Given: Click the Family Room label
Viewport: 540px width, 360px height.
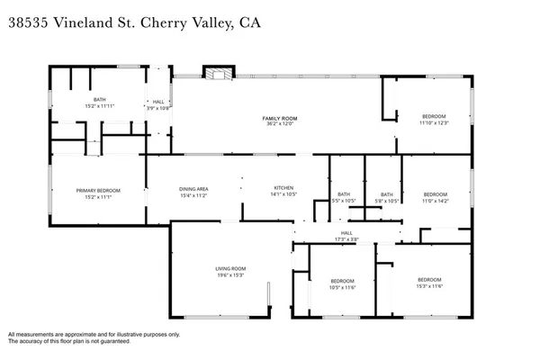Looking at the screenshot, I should pos(280,119).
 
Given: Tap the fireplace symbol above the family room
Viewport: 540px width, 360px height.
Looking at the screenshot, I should pos(216,74).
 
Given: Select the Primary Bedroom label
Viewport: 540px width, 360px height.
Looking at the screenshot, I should pos(98,190).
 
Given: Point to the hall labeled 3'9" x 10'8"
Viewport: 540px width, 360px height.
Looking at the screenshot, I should pos(158,103).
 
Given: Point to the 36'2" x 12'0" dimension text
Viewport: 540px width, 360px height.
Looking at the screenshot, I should pos(280,124).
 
